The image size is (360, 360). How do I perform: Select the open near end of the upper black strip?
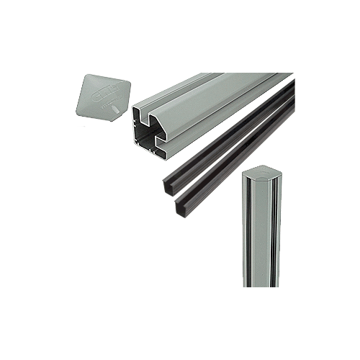(163, 186)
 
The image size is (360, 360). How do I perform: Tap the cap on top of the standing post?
(259, 172)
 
